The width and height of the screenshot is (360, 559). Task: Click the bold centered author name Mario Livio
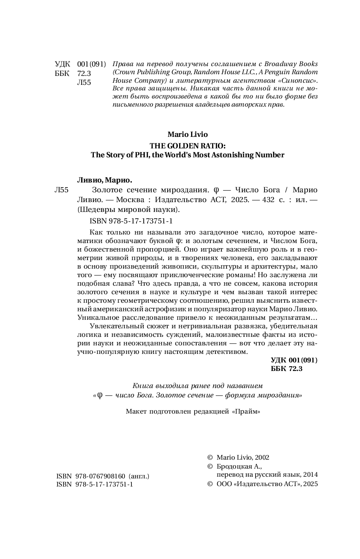[188, 135]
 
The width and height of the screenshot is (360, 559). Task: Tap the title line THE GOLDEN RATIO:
[188, 145]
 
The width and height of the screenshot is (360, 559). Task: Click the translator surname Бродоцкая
[232, 466]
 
